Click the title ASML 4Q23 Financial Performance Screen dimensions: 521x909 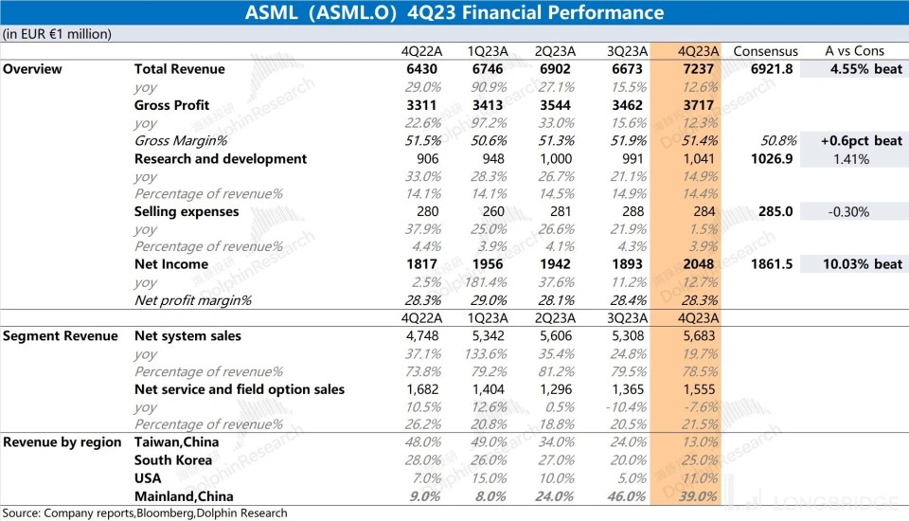click(454, 13)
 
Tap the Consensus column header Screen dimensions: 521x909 click(765, 51)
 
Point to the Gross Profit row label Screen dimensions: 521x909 click(171, 105)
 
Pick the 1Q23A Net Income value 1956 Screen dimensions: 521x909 click(487, 264)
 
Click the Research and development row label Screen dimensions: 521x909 click(221, 158)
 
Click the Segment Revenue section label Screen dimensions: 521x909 click(61, 335)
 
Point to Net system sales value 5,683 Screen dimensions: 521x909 click(698, 335)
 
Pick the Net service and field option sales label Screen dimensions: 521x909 click(240, 389)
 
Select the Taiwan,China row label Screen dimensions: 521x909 click(176, 442)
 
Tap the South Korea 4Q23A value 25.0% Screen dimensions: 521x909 click(699, 460)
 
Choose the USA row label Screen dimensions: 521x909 click(148, 478)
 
